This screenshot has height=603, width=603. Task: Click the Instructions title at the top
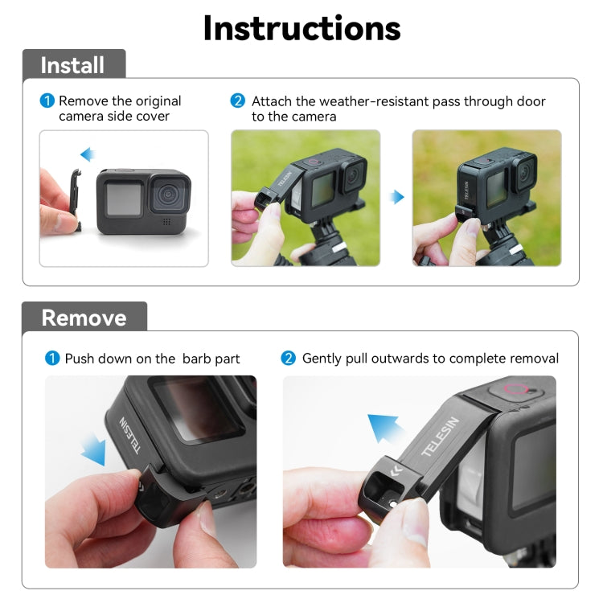coord(301,28)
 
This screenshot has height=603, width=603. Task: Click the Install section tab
coord(72,65)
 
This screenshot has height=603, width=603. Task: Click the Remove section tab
coord(84,318)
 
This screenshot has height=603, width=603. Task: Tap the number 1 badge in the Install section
coord(47,101)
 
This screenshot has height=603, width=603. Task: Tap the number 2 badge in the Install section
coord(238,101)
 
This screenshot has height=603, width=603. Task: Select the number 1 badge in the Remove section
coord(53,359)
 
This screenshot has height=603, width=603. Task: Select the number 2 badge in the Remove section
coord(289,359)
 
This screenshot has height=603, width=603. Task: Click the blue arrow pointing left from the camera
coord(87,154)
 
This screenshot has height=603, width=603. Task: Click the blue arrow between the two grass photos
coord(397,197)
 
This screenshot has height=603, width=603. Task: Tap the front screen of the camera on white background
coord(125,197)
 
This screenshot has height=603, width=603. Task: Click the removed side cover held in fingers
coord(71,199)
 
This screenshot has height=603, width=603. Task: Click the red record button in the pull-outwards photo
coord(515,392)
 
